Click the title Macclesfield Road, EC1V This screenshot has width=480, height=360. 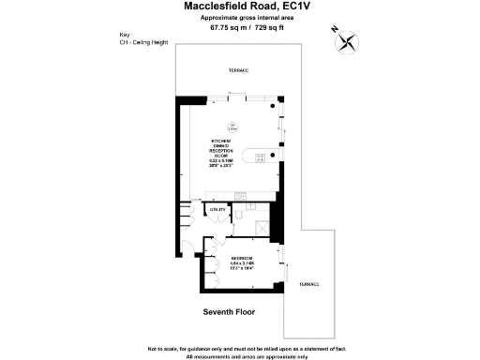(x=239, y=8)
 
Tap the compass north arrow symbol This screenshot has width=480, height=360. (x=349, y=41)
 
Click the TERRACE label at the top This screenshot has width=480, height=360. (x=239, y=71)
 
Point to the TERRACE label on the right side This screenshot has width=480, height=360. (x=308, y=284)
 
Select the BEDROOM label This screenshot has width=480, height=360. (x=242, y=257)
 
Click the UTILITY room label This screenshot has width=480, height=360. (x=217, y=210)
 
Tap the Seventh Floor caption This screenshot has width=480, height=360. (x=230, y=311)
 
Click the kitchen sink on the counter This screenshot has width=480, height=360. (x=240, y=196)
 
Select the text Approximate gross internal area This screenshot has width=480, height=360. (x=239, y=19)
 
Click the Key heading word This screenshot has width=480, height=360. (x=125, y=37)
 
